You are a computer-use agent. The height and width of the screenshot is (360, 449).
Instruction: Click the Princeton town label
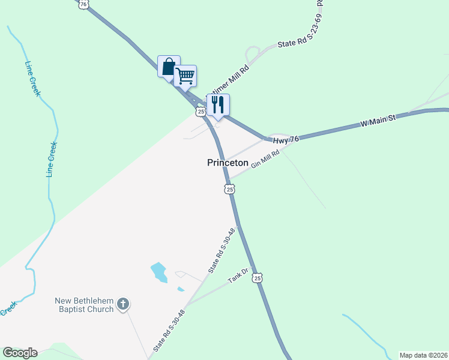(x=228, y=163)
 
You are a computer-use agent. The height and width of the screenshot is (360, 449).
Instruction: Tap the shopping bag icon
(x=169, y=65)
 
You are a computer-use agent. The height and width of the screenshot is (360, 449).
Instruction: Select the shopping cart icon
(x=185, y=76)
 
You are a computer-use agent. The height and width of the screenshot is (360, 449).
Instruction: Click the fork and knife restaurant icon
(x=218, y=104)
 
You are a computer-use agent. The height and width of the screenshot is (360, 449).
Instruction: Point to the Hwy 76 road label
(x=286, y=139)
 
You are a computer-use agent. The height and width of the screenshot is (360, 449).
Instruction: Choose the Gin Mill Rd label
(x=266, y=160)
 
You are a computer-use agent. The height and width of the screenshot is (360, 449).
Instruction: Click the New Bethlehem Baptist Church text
(x=84, y=305)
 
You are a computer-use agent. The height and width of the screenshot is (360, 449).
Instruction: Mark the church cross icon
(x=123, y=304)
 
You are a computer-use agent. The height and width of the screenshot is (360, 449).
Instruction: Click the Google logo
(x=20, y=353)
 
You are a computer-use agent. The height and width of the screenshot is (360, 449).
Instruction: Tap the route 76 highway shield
(x=84, y=4)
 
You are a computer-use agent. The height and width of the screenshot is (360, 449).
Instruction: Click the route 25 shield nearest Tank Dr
(x=257, y=278)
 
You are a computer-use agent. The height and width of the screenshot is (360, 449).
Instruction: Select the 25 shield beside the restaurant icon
(x=200, y=111)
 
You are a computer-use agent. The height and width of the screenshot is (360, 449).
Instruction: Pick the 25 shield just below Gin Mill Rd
(x=229, y=189)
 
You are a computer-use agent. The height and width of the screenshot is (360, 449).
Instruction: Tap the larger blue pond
(x=158, y=272)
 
